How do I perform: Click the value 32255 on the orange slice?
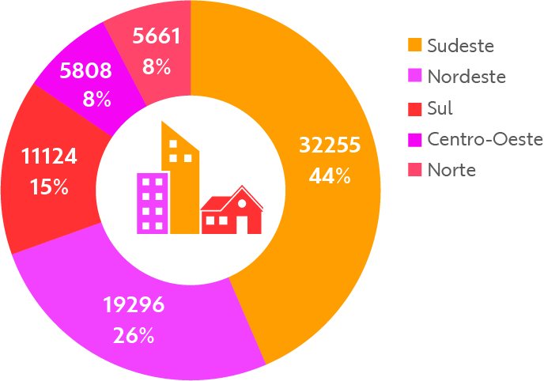point(330,145)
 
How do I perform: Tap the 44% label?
point(330,175)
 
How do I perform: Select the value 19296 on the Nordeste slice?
point(134,304)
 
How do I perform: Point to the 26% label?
point(133,335)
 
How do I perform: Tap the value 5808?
point(85,70)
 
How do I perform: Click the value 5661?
point(157,36)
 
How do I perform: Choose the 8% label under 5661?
point(157,67)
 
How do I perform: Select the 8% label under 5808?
point(96,100)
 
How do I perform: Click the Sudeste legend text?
point(460,46)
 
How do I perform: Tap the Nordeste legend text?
point(466,77)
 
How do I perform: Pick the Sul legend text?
point(440,108)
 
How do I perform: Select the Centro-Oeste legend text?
point(485,139)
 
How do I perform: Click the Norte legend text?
point(451,169)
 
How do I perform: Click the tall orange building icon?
point(182,182)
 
